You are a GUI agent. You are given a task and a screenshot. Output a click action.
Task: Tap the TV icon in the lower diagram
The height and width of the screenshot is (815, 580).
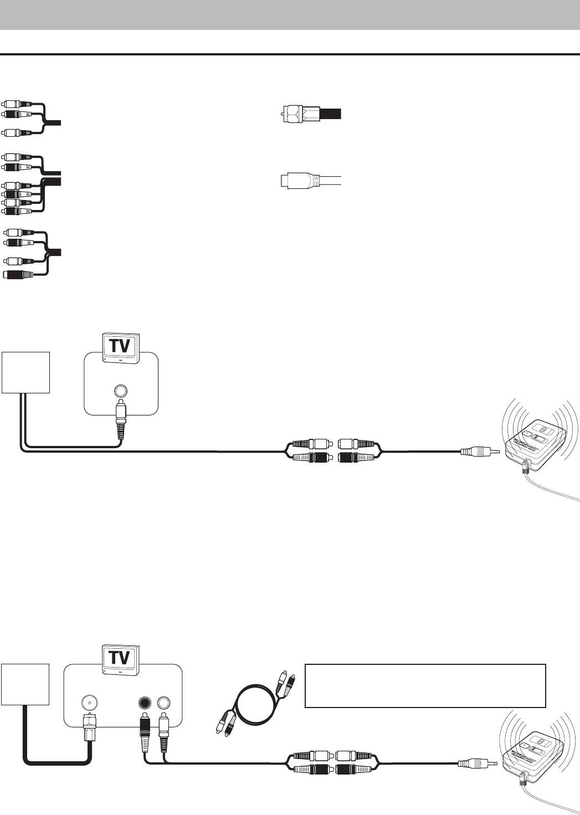(x=121, y=659)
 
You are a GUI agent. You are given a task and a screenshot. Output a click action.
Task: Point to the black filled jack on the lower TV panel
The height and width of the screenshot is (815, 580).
(x=144, y=703)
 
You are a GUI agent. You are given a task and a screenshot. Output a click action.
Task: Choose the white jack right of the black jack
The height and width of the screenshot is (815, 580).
(x=163, y=703)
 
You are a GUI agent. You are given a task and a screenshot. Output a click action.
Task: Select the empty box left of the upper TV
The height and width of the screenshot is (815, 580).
(x=26, y=372)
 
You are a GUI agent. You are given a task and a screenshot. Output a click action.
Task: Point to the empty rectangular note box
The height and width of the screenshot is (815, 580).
(x=425, y=686)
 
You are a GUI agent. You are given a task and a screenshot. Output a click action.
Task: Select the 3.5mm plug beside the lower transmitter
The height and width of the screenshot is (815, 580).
(x=478, y=764)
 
